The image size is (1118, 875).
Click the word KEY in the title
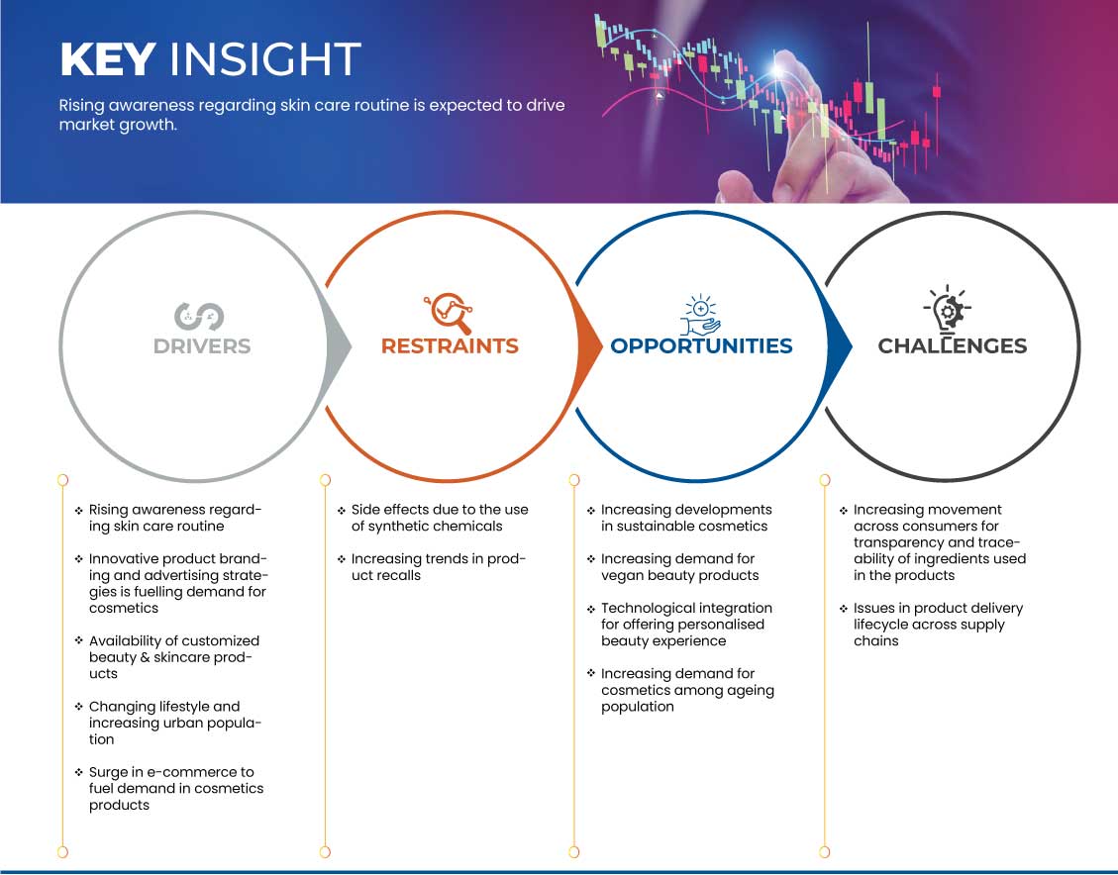pos(108,59)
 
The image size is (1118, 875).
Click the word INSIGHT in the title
pos(265,59)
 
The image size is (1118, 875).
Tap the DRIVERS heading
pos(202,346)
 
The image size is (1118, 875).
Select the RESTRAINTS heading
pos(450,346)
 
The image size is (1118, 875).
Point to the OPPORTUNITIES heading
pos(701,346)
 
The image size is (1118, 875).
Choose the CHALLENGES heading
pos(952,346)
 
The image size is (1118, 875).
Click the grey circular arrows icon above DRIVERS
pos(199,317)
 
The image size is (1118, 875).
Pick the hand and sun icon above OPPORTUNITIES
pos(700,314)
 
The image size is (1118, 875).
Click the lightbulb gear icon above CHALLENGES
pos(948,310)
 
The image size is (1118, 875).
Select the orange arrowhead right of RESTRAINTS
pos(589,347)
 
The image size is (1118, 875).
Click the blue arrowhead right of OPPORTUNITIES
pos(839,347)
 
